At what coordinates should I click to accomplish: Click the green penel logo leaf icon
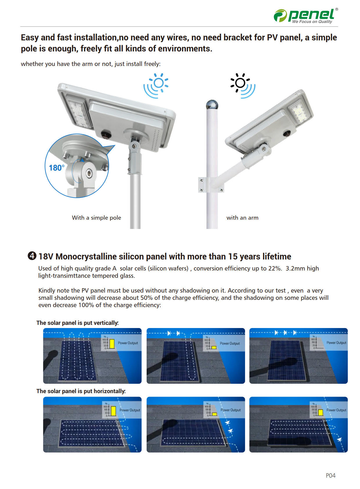[280, 16]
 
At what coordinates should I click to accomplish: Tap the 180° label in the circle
[56, 168]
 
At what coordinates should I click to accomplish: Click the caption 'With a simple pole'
[96, 218]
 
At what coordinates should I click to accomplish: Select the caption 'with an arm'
[242, 218]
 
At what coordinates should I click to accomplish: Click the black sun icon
[240, 83]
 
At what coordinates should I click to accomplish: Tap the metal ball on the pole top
[212, 105]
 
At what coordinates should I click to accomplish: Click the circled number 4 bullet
[32, 256]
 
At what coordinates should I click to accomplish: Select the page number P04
[330, 475]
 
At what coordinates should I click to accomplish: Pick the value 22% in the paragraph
[274, 268]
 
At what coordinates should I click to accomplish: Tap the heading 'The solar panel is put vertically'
[78, 323]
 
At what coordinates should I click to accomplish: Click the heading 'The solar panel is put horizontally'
[81, 391]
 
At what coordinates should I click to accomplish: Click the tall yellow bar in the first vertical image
[112, 343]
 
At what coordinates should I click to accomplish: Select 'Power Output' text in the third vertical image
[336, 343]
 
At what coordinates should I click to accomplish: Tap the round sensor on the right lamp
[287, 134]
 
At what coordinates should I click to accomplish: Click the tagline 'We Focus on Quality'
[312, 22]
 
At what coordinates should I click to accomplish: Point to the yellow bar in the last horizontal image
[321, 412]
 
